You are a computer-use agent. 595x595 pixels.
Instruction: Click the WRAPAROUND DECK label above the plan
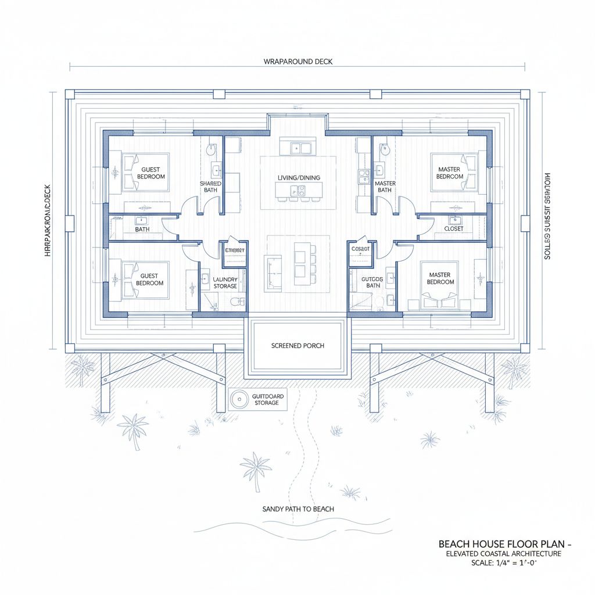[x=297, y=61]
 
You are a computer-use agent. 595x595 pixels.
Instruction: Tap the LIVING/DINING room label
[x=298, y=177]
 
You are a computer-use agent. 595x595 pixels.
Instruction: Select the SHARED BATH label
[x=210, y=187]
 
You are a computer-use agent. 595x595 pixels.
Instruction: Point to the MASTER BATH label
[x=385, y=187]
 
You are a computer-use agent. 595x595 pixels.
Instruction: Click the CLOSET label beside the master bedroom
[x=453, y=229]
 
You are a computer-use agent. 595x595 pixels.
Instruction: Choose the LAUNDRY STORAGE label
[x=225, y=283]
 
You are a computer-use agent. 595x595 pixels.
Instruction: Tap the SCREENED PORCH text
[x=297, y=346]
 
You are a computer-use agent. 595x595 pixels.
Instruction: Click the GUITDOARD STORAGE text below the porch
[x=268, y=400]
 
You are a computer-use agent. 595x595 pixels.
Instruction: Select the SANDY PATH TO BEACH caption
[x=297, y=509]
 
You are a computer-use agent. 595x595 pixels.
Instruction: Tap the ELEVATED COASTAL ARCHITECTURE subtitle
[x=503, y=554]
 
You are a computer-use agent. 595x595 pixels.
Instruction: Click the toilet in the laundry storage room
[x=236, y=302]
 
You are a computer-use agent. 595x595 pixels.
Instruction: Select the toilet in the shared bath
[x=212, y=150]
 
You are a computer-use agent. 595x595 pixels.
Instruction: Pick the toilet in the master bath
[x=383, y=150]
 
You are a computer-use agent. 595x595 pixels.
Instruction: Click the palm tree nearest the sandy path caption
[x=256, y=468]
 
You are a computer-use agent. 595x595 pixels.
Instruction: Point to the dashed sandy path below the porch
[x=302, y=442]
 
